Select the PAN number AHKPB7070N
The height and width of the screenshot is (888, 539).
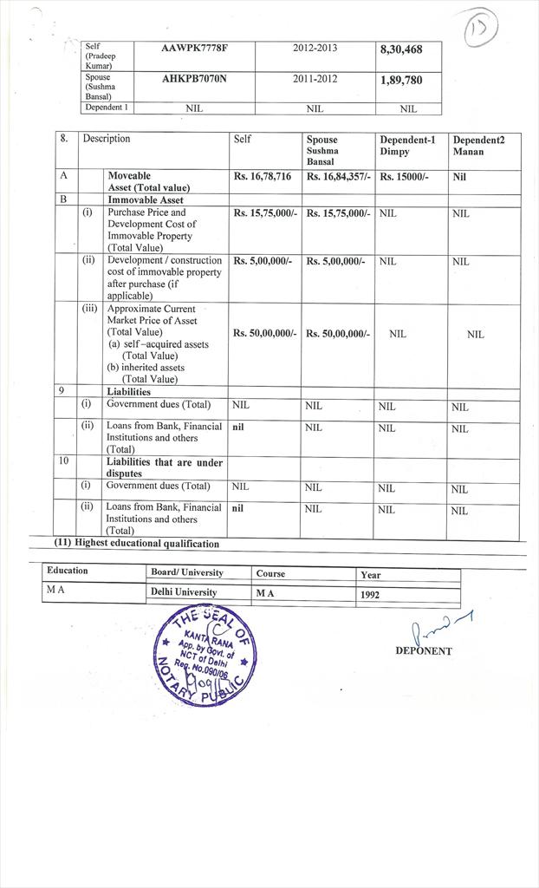(x=195, y=79)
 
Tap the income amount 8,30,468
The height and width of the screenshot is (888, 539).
(x=401, y=49)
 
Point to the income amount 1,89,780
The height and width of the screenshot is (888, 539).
(x=401, y=80)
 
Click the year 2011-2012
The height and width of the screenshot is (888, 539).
(x=315, y=79)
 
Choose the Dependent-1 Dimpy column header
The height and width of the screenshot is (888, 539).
(x=408, y=145)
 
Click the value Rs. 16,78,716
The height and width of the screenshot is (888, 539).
(x=262, y=176)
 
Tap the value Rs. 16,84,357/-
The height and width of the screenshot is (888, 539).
(x=338, y=176)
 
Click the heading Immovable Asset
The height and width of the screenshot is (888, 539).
(x=146, y=199)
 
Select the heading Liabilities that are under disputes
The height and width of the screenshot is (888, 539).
(x=164, y=467)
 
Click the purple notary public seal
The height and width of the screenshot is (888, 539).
(x=204, y=655)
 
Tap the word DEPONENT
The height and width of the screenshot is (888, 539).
(x=423, y=650)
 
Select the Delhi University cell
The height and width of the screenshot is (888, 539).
(x=184, y=592)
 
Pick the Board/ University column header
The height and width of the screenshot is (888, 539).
(x=186, y=572)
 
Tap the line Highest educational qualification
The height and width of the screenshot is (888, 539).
(x=137, y=544)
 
